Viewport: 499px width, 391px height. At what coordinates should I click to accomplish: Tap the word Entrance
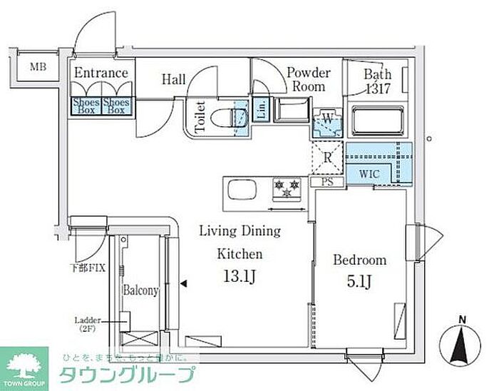pyautogui.click(x=101, y=73)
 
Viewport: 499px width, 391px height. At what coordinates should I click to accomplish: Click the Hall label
pyautogui.click(x=174, y=79)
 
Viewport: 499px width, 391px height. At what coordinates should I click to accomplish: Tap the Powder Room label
pyautogui.click(x=309, y=79)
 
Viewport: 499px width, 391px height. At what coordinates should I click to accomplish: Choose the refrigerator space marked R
pyautogui.click(x=326, y=158)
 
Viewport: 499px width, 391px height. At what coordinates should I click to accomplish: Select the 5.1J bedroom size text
pyautogui.click(x=360, y=283)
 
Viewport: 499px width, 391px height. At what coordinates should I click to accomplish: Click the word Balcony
pyautogui.click(x=140, y=290)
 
